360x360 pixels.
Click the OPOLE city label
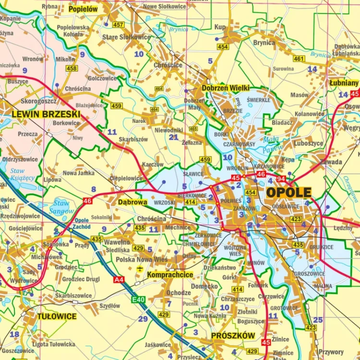point(288,192)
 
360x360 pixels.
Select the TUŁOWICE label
point(57,316)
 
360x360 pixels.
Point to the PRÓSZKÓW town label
point(233,336)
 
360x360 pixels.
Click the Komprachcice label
point(170,275)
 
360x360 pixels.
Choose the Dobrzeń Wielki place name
point(226,88)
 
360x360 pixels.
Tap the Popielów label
point(83,9)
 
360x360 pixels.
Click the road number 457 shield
point(118,24)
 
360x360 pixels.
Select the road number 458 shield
point(72,69)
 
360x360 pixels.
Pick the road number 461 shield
point(299,59)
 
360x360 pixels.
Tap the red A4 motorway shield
point(119,279)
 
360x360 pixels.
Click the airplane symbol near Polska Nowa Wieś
point(140,268)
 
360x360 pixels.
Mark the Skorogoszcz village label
point(38,101)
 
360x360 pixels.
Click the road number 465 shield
point(193,129)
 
